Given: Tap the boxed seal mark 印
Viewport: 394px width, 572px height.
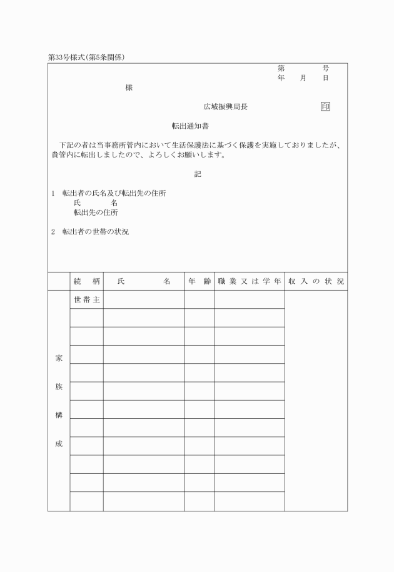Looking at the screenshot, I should (325, 107).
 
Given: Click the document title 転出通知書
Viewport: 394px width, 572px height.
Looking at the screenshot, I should (197, 126).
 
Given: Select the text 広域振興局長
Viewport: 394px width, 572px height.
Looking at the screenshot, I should (225, 107).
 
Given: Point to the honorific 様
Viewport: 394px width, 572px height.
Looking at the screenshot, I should (129, 88).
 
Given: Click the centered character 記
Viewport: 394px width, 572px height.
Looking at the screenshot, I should (198, 174).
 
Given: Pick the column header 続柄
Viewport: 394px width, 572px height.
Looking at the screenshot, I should (86, 281).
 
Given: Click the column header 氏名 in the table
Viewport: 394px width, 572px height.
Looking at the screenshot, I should (144, 281).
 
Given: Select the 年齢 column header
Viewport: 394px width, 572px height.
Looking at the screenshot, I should (200, 281).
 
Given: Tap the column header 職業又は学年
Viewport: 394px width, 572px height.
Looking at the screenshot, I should (250, 281).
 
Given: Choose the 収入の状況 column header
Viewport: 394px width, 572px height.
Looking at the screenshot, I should (316, 281).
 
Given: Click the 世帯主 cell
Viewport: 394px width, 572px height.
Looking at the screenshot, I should (86, 300).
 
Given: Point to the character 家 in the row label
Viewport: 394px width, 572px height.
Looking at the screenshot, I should (59, 359).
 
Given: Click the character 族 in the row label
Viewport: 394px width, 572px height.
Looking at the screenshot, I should (59, 387).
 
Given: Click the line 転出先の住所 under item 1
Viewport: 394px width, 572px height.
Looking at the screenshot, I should (96, 213).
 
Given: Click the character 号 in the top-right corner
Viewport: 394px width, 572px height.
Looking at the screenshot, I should (325, 68).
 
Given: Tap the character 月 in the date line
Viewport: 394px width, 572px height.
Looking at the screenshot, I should (303, 78).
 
